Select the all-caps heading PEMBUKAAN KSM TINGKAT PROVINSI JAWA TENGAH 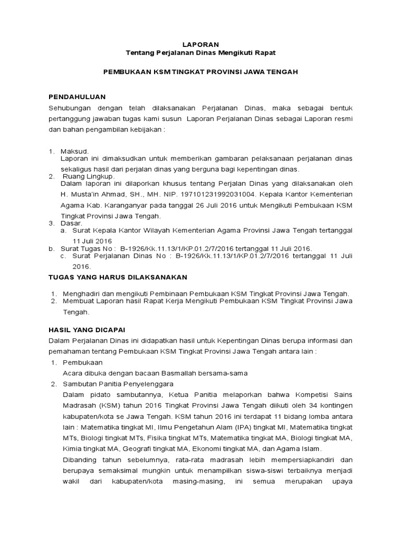tap(200, 72)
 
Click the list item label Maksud tap(75, 151)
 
